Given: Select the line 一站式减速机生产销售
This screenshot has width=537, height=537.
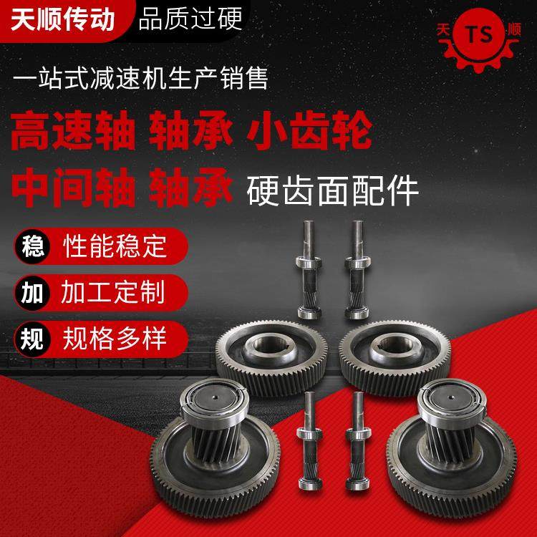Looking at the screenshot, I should (x=141, y=78).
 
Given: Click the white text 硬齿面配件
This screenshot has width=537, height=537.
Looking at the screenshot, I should (x=332, y=190).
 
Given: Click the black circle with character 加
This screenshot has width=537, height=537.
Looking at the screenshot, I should (x=31, y=292).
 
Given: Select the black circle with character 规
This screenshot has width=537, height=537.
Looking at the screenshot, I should (x=31, y=338).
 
